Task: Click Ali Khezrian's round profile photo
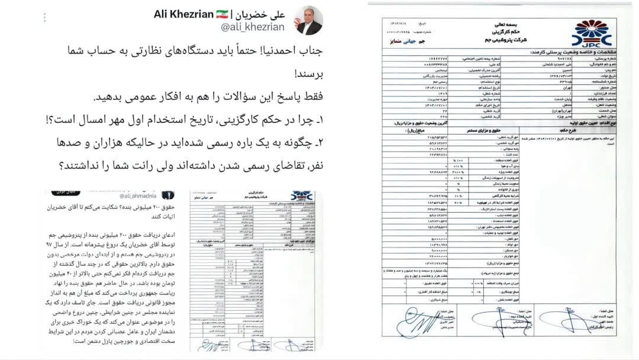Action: click(x=308, y=20)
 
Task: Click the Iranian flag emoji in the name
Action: click(x=222, y=13)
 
